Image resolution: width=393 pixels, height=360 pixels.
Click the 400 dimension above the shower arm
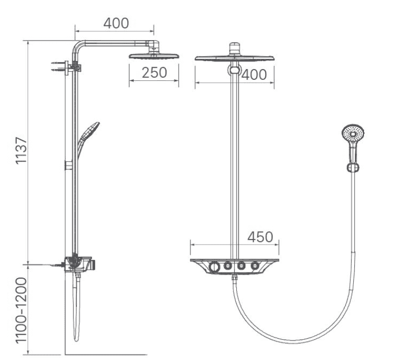point(116,23)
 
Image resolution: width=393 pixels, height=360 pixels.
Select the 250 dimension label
point(154,73)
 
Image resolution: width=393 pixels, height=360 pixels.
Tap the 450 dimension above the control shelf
point(260,237)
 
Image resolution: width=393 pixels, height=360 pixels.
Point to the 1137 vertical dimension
point(21,151)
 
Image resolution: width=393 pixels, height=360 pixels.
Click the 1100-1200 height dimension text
point(21,311)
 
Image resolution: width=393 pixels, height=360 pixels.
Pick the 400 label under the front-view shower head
point(254,75)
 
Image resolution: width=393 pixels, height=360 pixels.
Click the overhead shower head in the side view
point(154,56)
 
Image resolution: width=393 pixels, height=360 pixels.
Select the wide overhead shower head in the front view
point(234,58)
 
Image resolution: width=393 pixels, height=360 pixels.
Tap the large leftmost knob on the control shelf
point(214,266)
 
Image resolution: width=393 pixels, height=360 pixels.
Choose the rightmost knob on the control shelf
point(255,265)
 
